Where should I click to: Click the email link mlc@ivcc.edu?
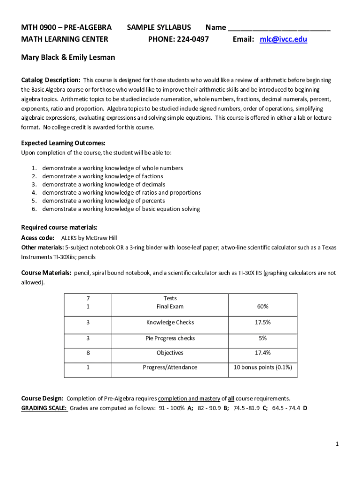(283, 39)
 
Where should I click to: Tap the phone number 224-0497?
(192, 39)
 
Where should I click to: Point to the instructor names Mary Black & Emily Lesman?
(68, 58)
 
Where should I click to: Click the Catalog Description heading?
(50, 80)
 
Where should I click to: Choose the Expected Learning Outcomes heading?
(63, 143)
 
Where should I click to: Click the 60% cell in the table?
(262, 306)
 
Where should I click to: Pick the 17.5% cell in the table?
(262, 322)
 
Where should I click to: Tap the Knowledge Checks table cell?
(170, 322)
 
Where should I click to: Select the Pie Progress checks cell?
(170, 338)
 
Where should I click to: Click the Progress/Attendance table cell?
(170, 367)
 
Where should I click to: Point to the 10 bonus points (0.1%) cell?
(262, 367)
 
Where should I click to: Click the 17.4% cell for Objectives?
(262, 353)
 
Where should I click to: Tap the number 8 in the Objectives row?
(88, 353)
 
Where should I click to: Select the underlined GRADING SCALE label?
(44, 408)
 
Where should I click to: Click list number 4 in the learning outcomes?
(34, 193)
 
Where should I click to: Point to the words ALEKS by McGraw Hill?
(89, 238)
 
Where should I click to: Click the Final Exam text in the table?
(170, 306)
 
